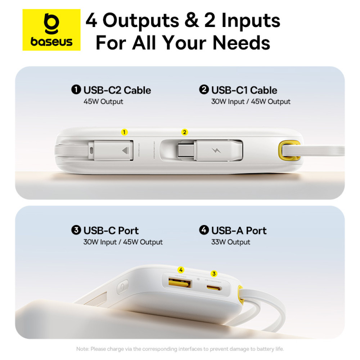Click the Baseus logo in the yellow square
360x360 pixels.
point(51,30)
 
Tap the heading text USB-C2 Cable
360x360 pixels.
point(117,90)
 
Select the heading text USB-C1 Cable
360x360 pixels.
point(244,90)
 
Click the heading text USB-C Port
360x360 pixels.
point(111,230)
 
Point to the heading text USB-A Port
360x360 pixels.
point(239,230)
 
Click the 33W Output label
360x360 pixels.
point(230,242)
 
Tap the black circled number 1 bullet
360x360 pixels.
point(76,90)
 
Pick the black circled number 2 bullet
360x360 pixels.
point(204,90)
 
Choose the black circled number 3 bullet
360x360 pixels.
point(76,230)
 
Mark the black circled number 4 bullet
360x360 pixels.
point(204,230)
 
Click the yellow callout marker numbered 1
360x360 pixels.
point(124,132)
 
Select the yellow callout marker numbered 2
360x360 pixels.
point(185,132)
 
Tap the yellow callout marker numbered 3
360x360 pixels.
point(215,274)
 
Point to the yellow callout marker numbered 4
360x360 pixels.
point(181,270)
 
